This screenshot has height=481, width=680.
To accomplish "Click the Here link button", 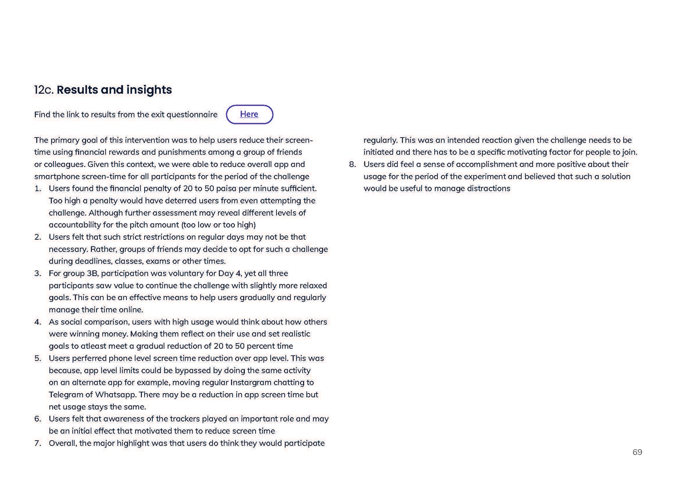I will [x=249, y=114].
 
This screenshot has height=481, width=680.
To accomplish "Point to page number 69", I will [x=637, y=452].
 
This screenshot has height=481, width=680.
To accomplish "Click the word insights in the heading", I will [x=149, y=90].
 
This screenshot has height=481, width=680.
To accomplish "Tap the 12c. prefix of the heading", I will [x=44, y=90].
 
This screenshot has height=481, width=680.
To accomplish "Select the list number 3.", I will [x=38, y=273].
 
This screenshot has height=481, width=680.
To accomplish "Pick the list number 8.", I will [x=353, y=164].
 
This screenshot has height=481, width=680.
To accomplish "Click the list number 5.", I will [x=38, y=358].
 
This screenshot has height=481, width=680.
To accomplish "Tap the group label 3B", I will [x=92, y=273].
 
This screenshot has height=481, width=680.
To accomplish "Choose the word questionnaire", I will [x=192, y=114].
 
